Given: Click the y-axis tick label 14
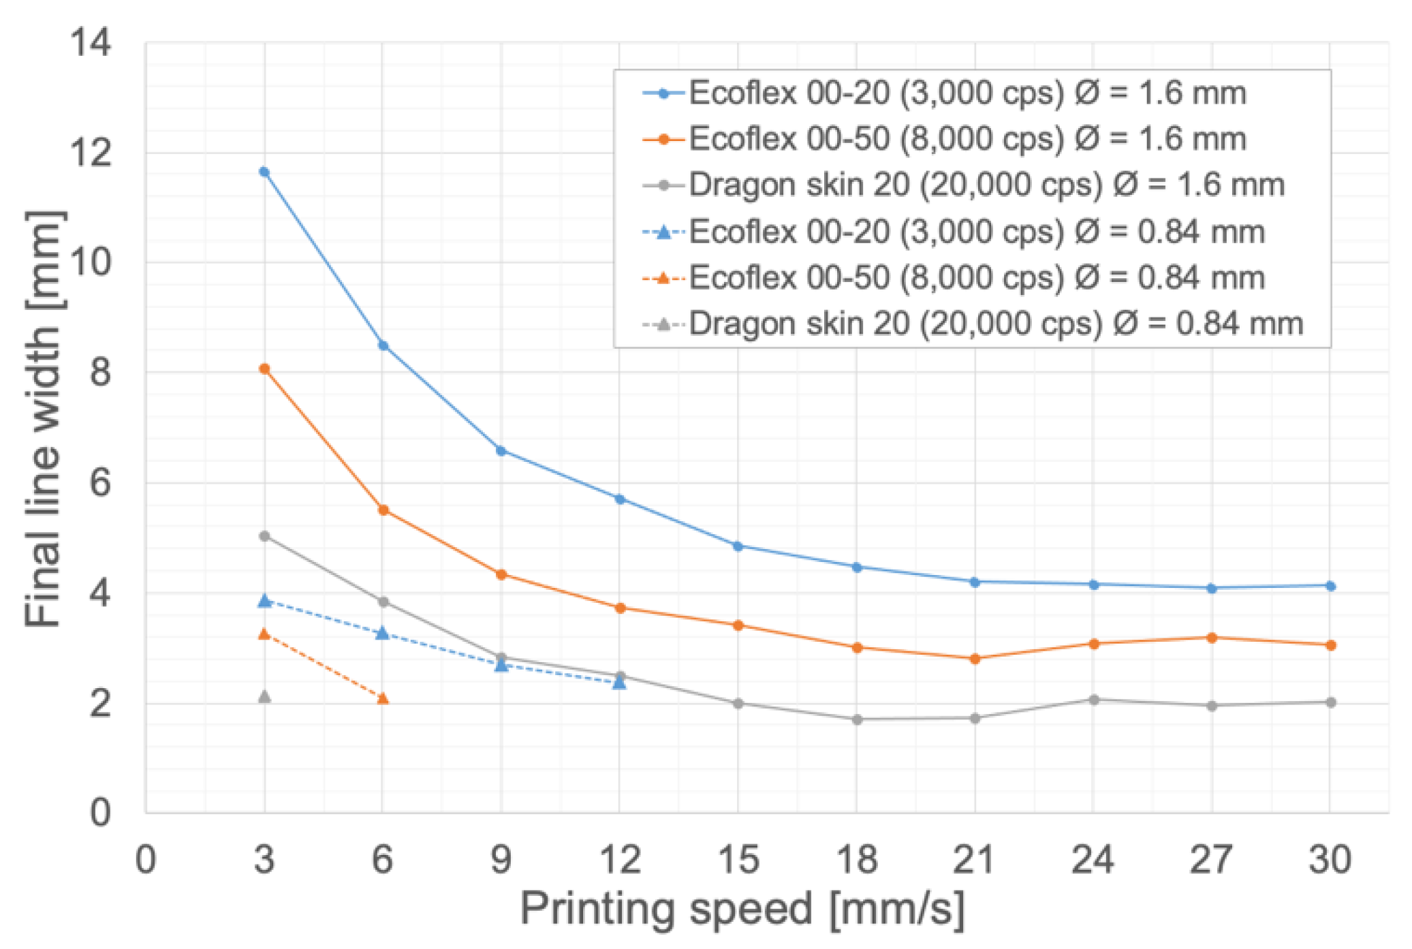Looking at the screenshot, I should coord(91,43).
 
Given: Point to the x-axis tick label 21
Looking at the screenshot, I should coord(974,859).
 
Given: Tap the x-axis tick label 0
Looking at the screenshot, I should coord(146,859).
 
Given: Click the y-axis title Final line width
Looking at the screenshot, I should coord(44,419).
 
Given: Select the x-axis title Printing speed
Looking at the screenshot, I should coord(742,908).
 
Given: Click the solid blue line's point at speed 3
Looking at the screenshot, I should coord(264,172).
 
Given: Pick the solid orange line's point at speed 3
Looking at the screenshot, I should coord(264,369).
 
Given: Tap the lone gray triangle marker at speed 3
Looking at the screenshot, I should coord(264,696).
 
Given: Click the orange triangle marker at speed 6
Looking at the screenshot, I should coord(383,698).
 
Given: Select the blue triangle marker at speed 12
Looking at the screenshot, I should coord(619,682).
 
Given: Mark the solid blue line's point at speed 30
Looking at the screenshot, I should coord(1330,586).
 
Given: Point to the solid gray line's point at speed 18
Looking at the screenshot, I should coord(857,719).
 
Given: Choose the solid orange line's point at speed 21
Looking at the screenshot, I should coord(975,659).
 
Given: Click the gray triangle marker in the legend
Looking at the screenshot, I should coord(663,324).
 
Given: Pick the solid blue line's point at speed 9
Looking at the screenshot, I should coord(501,451).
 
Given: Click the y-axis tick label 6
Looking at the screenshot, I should coord(100,483).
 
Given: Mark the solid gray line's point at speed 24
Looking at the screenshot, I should coord(1093,700).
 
